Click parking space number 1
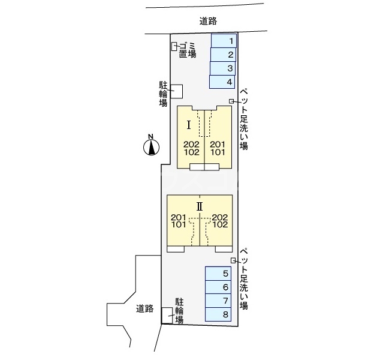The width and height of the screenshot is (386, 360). click(x=224, y=41)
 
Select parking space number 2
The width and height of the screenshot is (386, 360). click(x=224, y=55)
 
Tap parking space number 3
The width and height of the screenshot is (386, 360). click(x=223, y=68)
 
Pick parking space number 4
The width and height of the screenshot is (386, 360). click(x=222, y=82)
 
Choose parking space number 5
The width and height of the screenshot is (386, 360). click(x=218, y=274)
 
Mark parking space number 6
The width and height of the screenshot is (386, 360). click(x=218, y=287)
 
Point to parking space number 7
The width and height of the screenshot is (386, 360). click(x=218, y=301)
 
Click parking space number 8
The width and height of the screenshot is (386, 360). click(x=218, y=314)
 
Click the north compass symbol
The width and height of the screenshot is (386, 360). click(x=152, y=145)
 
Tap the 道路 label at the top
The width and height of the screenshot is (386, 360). click(x=208, y=20)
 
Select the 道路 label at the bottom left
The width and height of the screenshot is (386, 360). click(x=145, y=310)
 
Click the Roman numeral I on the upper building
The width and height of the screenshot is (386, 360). click(x=189, y=125)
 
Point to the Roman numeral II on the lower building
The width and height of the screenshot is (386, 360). click(x=200, y=206)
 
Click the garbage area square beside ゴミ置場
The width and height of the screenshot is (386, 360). click(x=174, y=46)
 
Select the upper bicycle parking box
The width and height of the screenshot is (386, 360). click(x=177, y=91)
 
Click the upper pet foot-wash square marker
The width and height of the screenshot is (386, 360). click(x=232, y=101)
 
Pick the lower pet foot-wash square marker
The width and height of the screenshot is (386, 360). click(x=233, y=260)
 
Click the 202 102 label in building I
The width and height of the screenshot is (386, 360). click(x=191, y=148)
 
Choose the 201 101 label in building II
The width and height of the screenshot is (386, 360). click(x=179, y=221)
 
